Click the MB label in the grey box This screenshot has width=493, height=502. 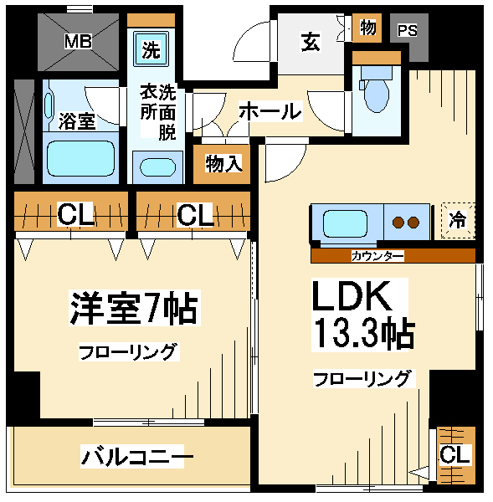coord(78,41)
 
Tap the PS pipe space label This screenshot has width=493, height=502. coord(407,30)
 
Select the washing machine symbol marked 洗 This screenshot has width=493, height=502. coord(151,49)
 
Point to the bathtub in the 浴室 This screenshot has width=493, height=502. coord(80,158)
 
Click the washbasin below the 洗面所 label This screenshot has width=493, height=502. coord(157,167)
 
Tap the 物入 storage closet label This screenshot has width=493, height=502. coord(223,164)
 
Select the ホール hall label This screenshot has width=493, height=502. coord(270,111)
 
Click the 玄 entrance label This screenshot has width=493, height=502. coord(310,42)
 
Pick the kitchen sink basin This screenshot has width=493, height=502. coord(345,223)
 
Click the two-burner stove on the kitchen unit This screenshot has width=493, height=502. coord(407,223)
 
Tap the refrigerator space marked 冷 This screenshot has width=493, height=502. coord(458,221)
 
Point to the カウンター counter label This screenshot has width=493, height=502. coord(377,256)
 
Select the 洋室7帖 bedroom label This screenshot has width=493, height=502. coord(134,308)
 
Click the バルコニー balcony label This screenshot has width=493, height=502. coord(137,456)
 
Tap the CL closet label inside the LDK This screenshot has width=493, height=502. coord(455,454)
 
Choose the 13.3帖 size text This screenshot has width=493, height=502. coord(363,333)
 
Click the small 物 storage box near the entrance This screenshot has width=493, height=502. coord(367,28)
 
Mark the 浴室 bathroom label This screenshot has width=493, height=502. coord(77,121)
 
